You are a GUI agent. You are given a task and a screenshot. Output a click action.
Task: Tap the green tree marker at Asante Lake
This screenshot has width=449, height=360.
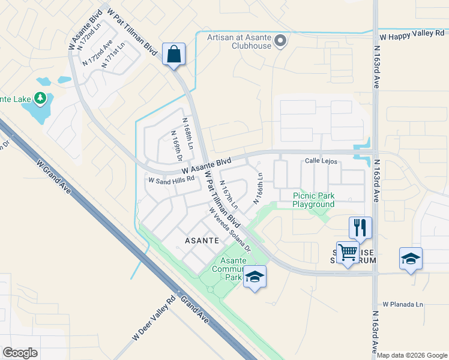[40, 97]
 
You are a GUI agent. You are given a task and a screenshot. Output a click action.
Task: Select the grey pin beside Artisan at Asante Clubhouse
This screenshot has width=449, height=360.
[280, 41]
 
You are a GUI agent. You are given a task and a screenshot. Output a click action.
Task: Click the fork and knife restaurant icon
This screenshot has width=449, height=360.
[360, 227]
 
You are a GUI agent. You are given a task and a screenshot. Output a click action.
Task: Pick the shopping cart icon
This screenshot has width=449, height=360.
[348, 253]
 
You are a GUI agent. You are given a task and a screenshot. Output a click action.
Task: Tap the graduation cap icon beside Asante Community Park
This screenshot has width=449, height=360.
[255, 277]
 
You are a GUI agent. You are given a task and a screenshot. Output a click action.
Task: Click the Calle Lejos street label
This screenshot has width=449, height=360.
[322, 161]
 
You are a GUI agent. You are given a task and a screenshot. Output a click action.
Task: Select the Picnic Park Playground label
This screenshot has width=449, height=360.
[313, 200]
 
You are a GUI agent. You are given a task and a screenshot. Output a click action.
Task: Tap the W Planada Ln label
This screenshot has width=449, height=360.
[402, 304]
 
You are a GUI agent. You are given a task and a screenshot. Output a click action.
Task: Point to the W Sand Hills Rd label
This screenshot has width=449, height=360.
[172, 179]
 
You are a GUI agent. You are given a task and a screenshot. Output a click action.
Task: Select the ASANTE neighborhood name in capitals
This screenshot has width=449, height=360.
[200, 240]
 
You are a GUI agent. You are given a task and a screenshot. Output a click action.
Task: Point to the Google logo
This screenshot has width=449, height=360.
[20, 352]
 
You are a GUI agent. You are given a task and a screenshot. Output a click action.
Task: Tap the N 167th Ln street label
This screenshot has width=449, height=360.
[229, 196]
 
